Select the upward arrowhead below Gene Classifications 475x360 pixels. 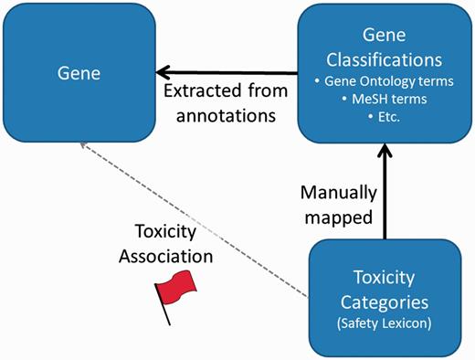click(385, 153)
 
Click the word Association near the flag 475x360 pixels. click(173, 257)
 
